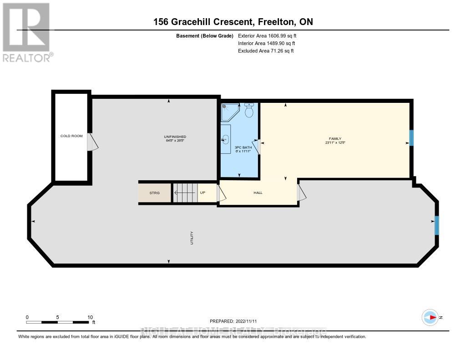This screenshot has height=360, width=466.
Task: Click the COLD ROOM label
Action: click(71, 136)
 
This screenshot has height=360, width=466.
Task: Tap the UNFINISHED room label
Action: click(175, 137)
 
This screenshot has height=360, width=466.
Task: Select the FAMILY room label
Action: click(335, 139)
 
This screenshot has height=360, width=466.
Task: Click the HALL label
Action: click(258, 193)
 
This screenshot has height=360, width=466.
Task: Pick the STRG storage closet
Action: click(155, 193)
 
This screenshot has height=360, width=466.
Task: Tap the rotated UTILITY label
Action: click(192, 238)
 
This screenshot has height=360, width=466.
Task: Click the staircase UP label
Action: click(203, 193)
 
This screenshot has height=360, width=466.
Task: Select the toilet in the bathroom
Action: click(249, 111)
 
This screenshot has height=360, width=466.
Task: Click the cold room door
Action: click(93, 142)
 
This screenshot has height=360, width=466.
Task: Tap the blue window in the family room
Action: click(411, 138)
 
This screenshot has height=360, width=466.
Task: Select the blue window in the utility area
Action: click(437, 225)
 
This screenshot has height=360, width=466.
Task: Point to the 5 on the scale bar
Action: click(58, 317)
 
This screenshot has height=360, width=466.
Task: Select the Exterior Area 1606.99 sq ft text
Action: click(268, 35)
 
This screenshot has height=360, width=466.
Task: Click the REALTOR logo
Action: click(27, 32)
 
